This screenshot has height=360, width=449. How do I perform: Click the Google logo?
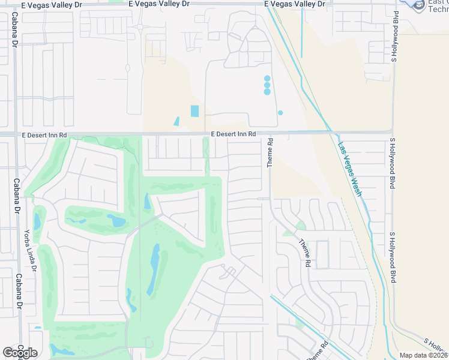pyautogui.click(x=20, y=353)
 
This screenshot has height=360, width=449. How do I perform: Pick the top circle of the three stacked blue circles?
pyautogui.click(x=267, y=78)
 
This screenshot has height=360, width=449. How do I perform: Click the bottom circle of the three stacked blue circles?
pyautogui.click(x=267, y=92)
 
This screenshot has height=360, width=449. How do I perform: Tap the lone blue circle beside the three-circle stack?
pyautogui.click(x=280, y=112)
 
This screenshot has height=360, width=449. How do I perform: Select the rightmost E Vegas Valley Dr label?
pyautogui.click(x=295, y=4)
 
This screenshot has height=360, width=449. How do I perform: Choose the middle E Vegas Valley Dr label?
pyautogui.click(x=158, y=4)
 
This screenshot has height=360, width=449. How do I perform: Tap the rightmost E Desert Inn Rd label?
pyautogui.click(x=234, y=134)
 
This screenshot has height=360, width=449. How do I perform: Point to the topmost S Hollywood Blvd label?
pyautogui.click(x=395, y=37)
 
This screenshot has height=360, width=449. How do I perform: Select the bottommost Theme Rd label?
pyautogui.click(x=316, y=350)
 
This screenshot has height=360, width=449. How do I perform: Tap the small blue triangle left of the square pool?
pyautogui.click(x=176, y=121)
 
